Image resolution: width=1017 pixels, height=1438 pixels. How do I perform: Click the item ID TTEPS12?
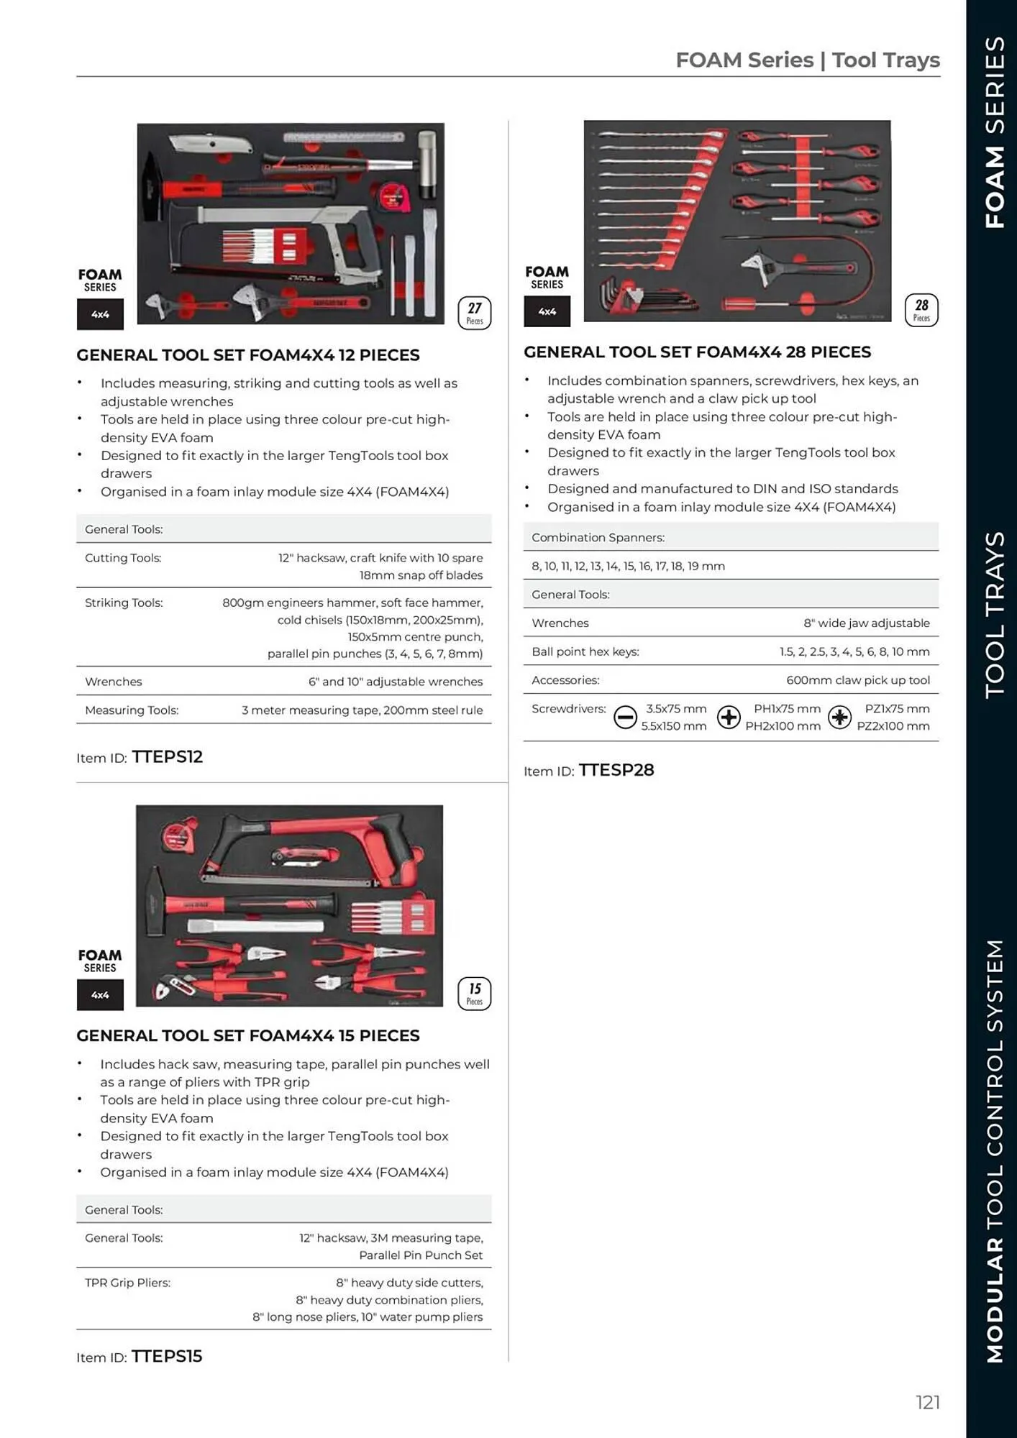167,756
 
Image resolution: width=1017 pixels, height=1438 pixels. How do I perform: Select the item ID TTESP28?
616,770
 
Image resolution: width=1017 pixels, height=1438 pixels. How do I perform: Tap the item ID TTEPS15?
166,1356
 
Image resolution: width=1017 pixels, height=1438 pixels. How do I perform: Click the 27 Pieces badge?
475,313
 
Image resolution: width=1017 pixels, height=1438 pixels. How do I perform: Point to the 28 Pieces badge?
921,310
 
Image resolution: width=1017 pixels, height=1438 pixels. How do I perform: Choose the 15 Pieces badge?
475,993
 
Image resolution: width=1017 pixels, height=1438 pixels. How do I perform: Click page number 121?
928,1402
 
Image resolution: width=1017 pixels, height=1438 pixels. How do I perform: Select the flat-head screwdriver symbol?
625,717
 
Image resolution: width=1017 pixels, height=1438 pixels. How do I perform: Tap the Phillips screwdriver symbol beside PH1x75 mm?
729,717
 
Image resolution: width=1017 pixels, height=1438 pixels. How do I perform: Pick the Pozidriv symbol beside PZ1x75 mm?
839,717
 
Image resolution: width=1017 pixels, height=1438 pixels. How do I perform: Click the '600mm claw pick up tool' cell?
857,680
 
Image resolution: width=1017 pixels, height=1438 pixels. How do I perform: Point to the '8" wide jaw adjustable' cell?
866,623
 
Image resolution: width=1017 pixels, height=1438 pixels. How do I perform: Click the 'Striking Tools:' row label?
124,603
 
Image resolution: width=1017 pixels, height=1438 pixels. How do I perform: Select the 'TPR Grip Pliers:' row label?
127,1283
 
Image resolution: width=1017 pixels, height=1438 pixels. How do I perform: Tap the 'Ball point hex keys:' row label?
585,651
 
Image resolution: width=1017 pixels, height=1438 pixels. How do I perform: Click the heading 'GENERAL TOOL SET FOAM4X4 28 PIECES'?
697,352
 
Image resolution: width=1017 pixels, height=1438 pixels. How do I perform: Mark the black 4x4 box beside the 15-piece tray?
100,995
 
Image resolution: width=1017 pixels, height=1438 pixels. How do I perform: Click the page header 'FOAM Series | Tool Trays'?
807,60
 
